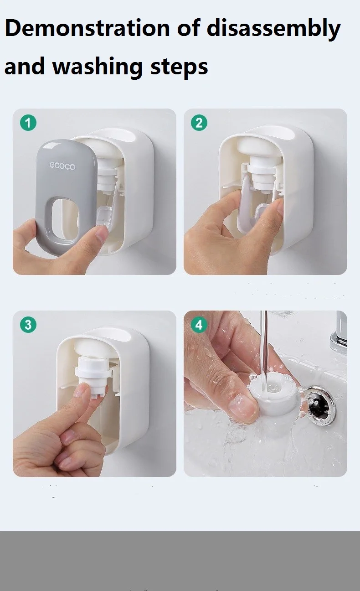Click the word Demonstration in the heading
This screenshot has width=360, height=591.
87,28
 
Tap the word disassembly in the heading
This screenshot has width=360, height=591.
273,30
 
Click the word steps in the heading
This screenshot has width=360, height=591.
180,68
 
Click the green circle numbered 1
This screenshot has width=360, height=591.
28,123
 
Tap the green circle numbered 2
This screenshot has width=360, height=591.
199,123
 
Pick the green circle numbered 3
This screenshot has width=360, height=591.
28,325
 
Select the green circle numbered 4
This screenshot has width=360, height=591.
199,325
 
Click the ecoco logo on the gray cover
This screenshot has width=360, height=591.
62,166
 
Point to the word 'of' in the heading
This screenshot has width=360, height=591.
188,28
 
